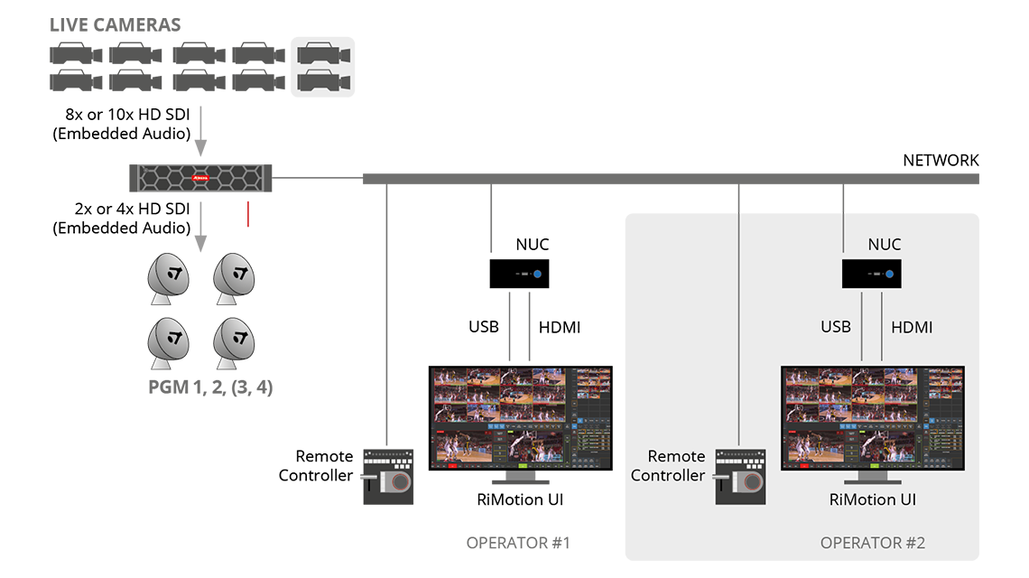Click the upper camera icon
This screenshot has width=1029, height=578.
tap(323, 53)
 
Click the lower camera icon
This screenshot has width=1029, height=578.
tap(323, 82)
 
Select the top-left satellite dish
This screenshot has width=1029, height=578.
tap(169, 277)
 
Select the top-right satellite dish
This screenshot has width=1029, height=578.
tap(235, 277)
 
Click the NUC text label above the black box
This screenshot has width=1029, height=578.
tap(884, 245)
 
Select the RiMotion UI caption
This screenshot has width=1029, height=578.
tap(872, 499)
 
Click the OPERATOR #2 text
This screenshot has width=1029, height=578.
tap(872, 543)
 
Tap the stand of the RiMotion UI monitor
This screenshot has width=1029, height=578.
tap(872, 479)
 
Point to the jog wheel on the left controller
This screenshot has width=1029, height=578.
tap(398, 483)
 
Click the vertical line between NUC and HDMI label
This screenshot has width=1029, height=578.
tap(881, 327)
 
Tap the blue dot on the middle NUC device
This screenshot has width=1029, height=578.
tap(536, 273)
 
